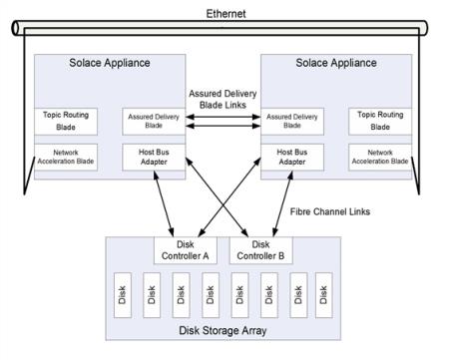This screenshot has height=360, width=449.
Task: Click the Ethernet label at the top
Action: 225,13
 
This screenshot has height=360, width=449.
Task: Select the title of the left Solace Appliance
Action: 111,63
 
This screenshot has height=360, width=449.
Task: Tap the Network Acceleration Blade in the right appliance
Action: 379,158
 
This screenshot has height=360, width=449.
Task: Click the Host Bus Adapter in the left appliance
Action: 153,158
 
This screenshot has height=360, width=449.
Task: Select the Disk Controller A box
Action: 187,249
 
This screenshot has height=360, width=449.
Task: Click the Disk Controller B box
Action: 261,249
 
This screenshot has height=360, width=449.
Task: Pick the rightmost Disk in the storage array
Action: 322,294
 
